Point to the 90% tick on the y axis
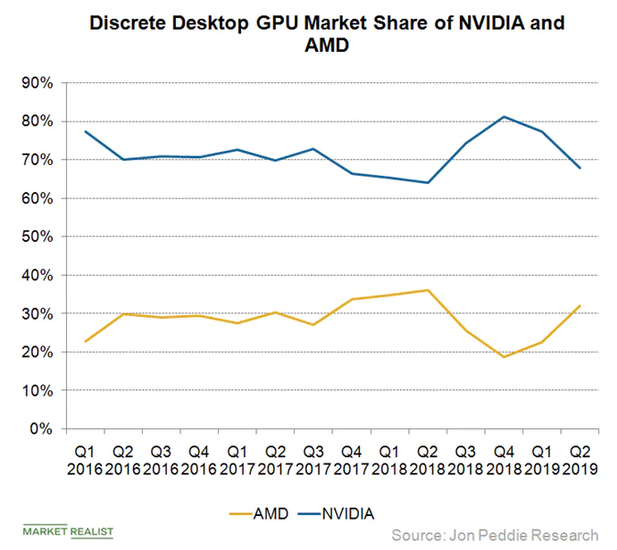pos(38,83)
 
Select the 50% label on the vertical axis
pos(38,237)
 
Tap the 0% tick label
pos(42,429)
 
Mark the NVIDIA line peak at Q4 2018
pos(504,117)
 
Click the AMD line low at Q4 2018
pos(504,357)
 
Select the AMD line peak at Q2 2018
pos(429,290)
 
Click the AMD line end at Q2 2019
pos(579,305)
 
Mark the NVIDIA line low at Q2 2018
pos(429,183)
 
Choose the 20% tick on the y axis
pos(38,353)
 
